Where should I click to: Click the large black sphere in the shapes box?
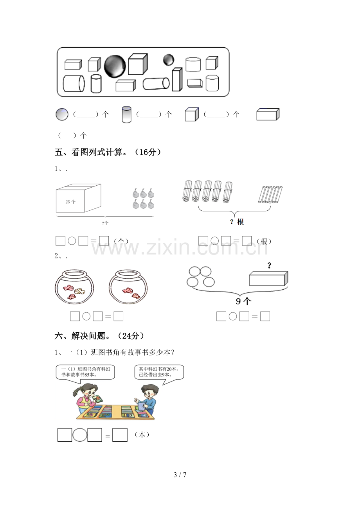click(115, 66)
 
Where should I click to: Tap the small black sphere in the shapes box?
click(169, 60)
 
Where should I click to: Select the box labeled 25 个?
click(79, 198)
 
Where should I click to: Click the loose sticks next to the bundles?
click(270, 195)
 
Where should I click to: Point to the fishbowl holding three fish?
click(74, 287)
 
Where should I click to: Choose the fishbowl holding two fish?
click(128, 287)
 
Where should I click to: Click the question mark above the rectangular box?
click(269, 265)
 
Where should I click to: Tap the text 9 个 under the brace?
click(243, 301)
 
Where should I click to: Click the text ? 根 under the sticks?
click(237, 222)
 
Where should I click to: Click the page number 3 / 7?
click(180, 475)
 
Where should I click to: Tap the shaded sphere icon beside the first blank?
click(62, 114)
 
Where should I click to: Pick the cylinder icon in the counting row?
click(126, 114)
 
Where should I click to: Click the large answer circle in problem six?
click(80, 435)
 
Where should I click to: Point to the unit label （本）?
click(142, 435)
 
